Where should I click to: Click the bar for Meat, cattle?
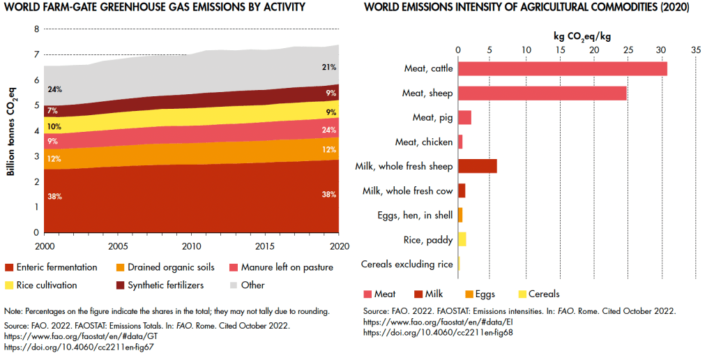click(x=562, y=68)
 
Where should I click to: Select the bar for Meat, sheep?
click(x=542, y=93)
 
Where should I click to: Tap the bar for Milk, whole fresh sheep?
click(x=477, y=166)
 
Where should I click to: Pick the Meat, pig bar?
click(x=464, y=117)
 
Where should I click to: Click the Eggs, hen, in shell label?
click(x=417, y=216)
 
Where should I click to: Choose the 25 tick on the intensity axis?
click(x=627, y=50)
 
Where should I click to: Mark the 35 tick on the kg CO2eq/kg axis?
click(x=695, y=50)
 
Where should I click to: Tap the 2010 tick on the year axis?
click(x=191, y=246)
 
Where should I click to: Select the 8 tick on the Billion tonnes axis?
click(x=36, y=29)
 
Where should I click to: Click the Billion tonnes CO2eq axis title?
click(x=12, y=130)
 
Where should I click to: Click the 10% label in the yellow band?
click(x=54, y=127)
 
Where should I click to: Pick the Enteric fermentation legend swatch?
click(x=9, y=267)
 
